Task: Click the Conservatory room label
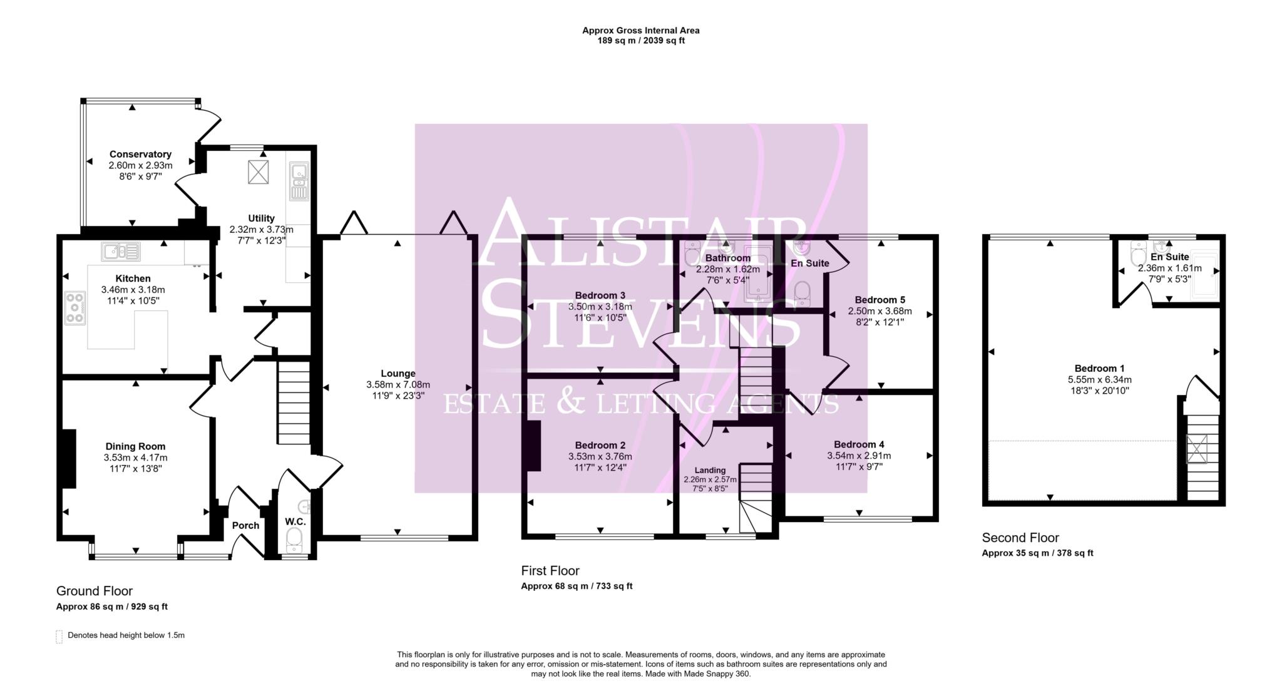point(140,154)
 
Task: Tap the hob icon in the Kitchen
point(74,309)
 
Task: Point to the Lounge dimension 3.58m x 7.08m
point(398,384)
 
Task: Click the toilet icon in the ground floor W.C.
point(294,539)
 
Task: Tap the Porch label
point(245,525)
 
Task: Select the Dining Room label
point(135,446)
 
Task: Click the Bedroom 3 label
point(600,295)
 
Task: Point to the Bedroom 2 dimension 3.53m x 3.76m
point(600,456)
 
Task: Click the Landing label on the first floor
point(710,470)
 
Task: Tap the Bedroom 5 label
point(879,300)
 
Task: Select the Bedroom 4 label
point(859,444)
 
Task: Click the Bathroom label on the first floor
point(727,258)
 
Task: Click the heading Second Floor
point(1020,537)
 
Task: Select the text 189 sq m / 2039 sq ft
point(640,41)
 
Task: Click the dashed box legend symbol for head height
point(59,636)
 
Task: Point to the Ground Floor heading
point(95,590)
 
